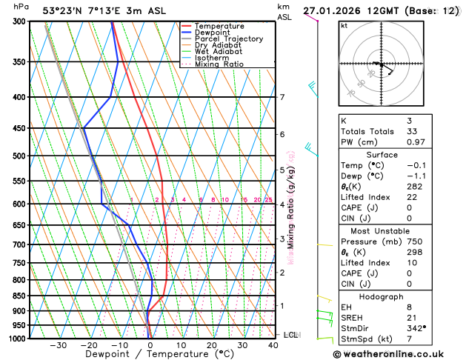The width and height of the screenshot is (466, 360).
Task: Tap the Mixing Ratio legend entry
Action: point(219,64)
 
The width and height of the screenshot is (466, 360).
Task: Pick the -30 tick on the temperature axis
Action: point(58,344)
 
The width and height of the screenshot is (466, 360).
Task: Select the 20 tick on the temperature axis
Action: point(212,344)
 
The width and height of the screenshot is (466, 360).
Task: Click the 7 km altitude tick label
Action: point(282,97)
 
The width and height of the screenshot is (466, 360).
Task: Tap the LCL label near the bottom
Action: point(290,335)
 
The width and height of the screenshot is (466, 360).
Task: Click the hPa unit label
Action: point(21,6)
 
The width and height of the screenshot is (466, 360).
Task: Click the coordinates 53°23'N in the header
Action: point(63,10)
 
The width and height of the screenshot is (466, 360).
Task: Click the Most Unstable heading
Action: point(392,230)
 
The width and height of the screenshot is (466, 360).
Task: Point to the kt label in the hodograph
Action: point(344,25)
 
